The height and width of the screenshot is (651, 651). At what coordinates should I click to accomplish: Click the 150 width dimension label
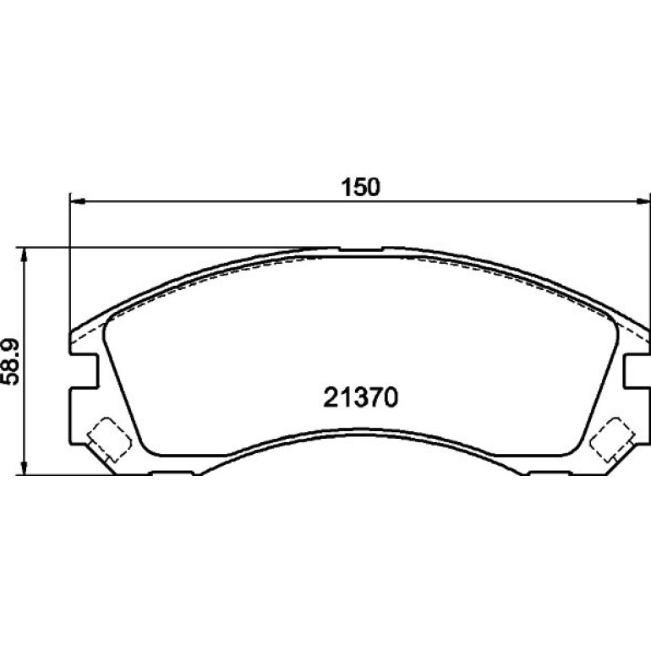tap(360, 187)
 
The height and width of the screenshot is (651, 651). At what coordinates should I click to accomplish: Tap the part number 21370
tap(360, 397)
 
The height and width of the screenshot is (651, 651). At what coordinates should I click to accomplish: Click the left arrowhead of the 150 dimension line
tap(78, 201)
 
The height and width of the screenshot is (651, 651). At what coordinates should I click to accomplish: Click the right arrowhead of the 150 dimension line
tap(643, 201)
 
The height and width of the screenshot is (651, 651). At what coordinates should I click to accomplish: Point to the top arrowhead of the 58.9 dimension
tap(25, 255)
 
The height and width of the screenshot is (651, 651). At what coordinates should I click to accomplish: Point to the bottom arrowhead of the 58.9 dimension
tap(25, 468)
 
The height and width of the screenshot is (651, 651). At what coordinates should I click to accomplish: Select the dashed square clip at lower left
tap(109, 440)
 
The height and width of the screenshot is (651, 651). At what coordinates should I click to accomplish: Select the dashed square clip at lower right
tap(612, 440)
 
